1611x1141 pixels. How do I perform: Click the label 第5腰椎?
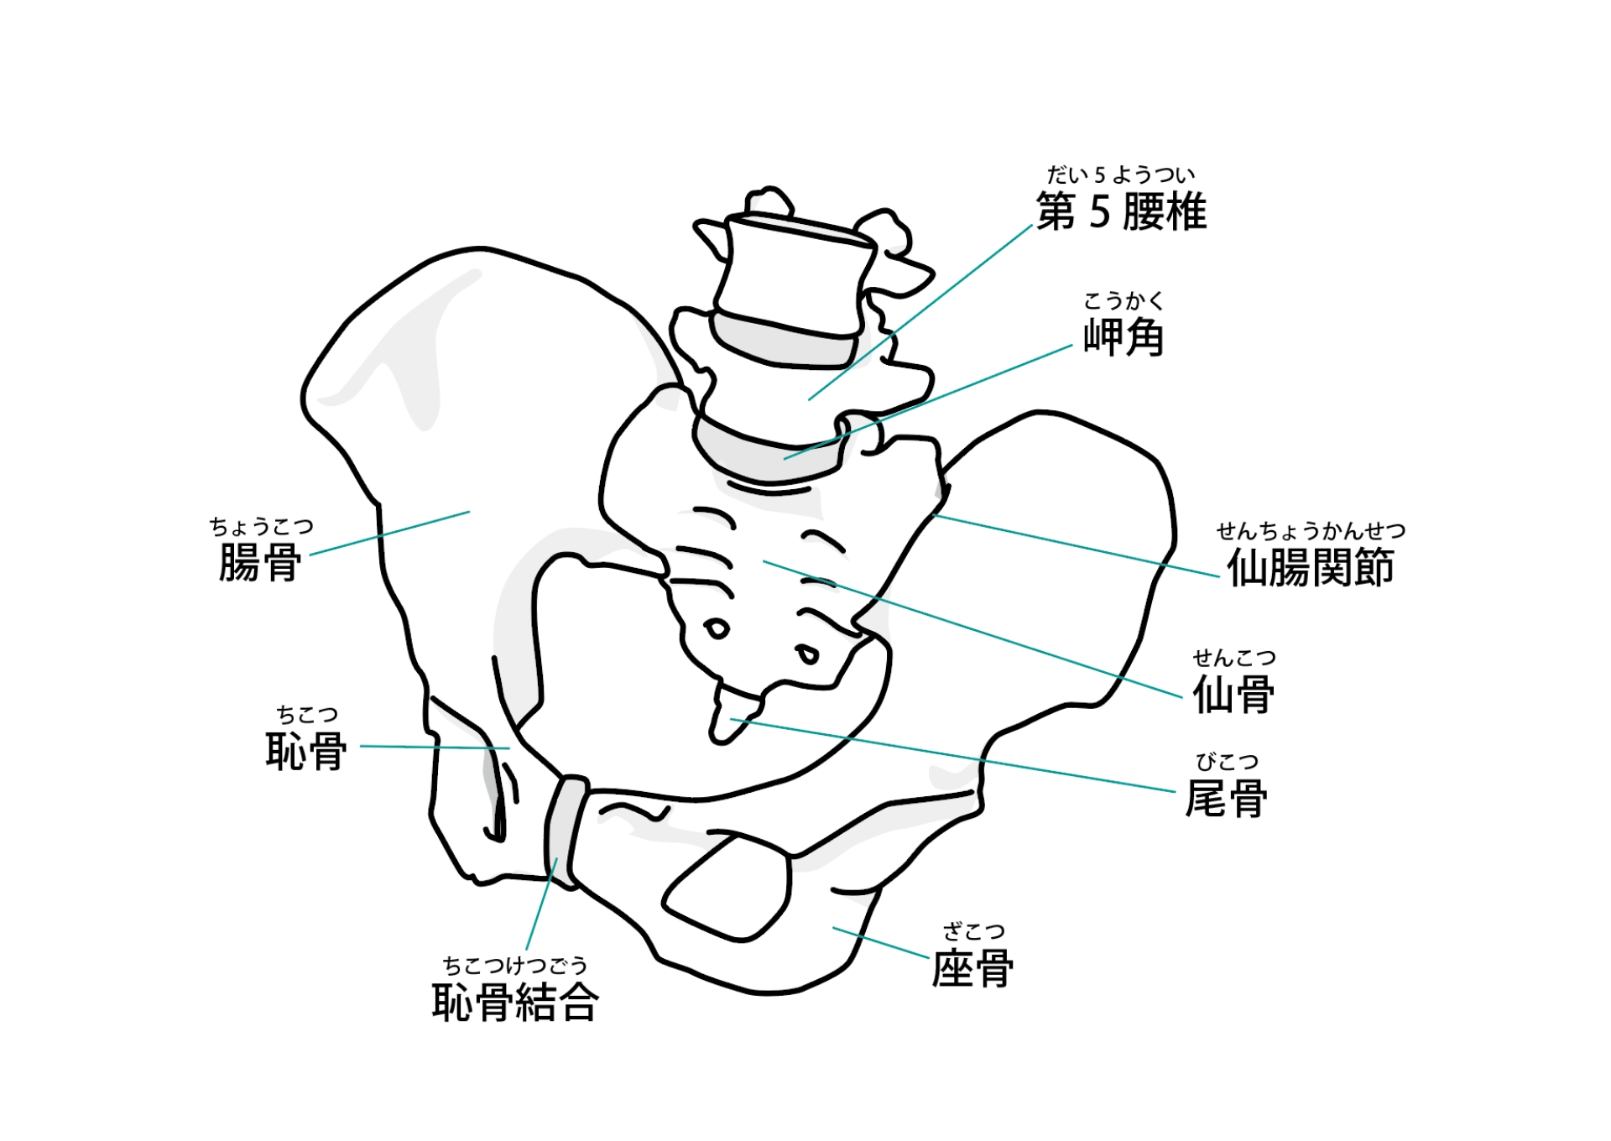click(x=1121, y=212)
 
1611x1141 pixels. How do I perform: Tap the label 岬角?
click(x=1124, y=338)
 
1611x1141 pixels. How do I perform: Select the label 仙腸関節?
click(x=1310, y=568)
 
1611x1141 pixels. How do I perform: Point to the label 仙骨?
click(x=1233, y=695)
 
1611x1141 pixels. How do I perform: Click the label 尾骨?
click(x=1226, y=799)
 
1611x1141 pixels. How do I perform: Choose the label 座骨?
click(x=972, y=969)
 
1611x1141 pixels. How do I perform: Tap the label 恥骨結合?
click(x=514, y=1003)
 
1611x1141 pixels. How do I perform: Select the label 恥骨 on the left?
click(x=306, y=751)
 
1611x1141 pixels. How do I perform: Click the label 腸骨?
click(x=260, y=562)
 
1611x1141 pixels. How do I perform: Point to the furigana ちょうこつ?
click(x=261, y=527)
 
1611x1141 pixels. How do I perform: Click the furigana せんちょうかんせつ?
click(x=1311, y=531)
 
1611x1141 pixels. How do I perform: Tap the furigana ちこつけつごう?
click(x=514, y=966)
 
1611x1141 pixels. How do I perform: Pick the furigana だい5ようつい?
click(x=1120, y=175)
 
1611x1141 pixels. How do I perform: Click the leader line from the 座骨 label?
click(x=881, y=942)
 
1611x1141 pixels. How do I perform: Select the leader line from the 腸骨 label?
click(x=390, y=534)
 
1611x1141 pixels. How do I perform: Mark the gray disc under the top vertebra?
click(x=785, y=342)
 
